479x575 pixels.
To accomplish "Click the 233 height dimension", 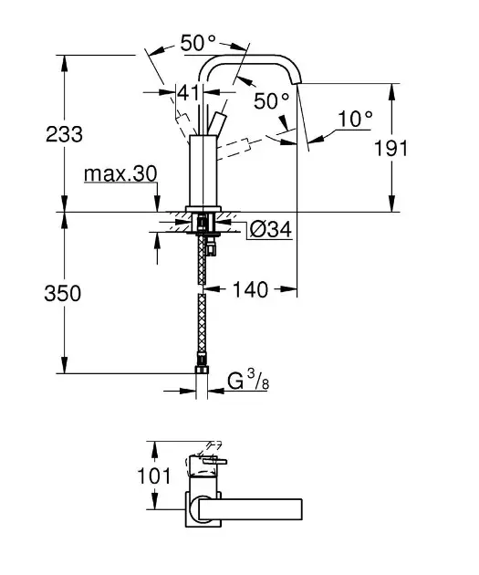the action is [64, 134].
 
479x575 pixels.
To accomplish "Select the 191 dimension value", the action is [390, 149].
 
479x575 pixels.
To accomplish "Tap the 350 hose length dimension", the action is [63, 294].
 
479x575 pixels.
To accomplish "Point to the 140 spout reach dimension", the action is [250, 289].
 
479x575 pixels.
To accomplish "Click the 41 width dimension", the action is [190, 93].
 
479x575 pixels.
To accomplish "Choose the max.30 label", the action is [120, 173].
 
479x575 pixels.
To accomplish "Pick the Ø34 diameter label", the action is [270, 230].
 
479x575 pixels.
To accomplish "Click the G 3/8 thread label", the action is [248, 381].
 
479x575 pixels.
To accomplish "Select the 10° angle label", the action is [355, 119].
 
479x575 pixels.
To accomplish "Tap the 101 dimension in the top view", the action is [154, 476].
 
